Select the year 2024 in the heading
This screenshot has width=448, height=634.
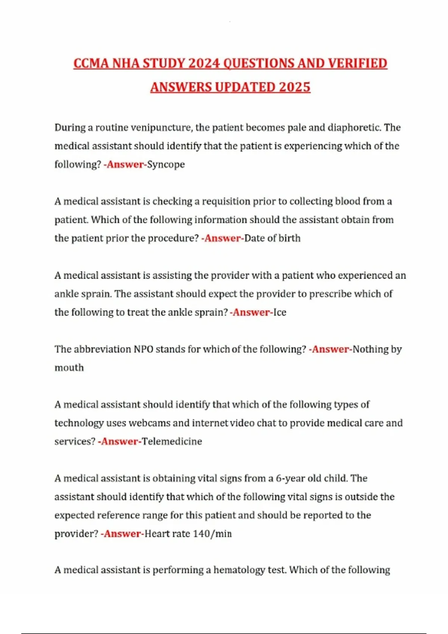point(204,63)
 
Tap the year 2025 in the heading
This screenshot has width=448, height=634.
point(295,87)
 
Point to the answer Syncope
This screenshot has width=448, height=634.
point(166,164)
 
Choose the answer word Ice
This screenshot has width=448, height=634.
point(280,312)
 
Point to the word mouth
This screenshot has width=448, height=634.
point(69,368)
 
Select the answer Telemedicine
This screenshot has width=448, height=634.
point(172,442)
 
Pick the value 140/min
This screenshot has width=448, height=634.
point(212,534)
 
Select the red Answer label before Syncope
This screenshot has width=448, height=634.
point(125,164)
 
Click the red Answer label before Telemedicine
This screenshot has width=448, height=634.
point(119,442)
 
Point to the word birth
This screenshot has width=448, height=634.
point(289,238)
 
